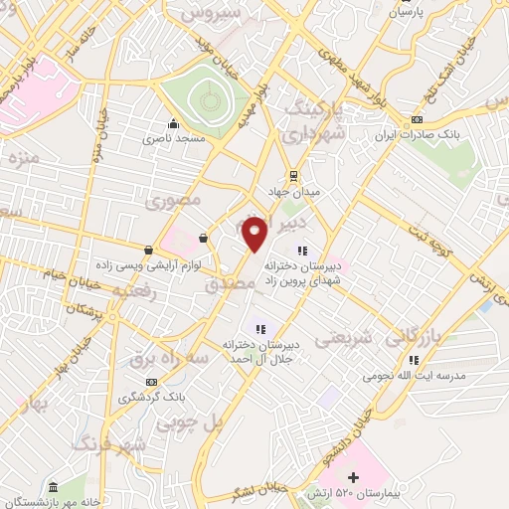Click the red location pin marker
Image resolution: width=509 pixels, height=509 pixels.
pos(256,233)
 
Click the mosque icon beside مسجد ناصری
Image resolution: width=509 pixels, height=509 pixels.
pos(174,123)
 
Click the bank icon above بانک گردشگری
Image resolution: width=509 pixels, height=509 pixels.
pos(151,382)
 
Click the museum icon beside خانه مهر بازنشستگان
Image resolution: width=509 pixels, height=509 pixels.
pos(52,486)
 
